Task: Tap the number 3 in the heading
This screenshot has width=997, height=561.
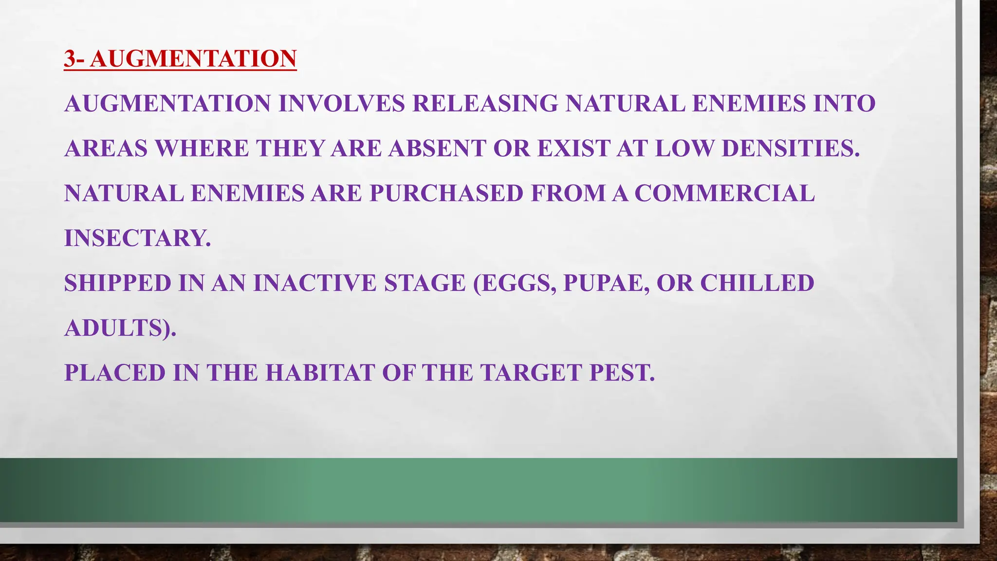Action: [70, 59]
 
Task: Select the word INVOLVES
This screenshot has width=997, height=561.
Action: [341, 104]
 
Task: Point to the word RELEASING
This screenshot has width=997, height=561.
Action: [485, 104]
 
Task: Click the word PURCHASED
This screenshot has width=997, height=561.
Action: [446, 193]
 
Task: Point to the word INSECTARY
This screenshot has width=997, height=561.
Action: [137, 238]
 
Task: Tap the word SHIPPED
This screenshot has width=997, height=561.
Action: [117, 283]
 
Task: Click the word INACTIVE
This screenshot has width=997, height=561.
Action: [314, 283]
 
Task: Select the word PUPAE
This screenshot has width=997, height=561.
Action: [606, 283]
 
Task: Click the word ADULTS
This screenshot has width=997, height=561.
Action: [116, 328]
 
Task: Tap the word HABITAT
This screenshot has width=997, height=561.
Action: [320, 373]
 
